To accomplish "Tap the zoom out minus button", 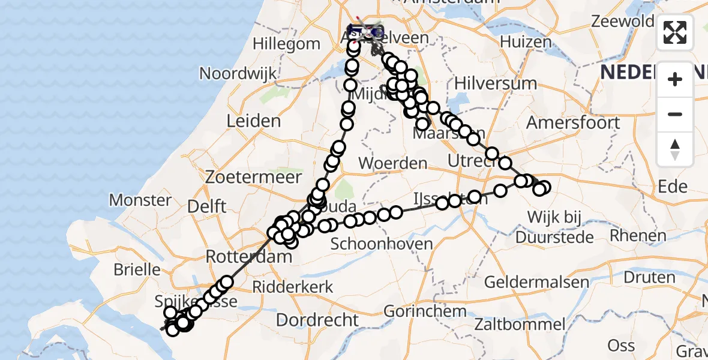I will point(675,114).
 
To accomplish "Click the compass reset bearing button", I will point(675,149).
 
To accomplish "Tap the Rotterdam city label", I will point(248,257).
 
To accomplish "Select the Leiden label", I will point(253,121).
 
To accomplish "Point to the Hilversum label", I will point(496,83).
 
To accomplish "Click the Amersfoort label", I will point(573,123).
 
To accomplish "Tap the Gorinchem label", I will point(425,311).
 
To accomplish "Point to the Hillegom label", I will point(286,44).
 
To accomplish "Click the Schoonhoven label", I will point(382,244).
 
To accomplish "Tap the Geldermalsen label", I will point(536,282).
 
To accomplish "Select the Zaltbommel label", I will point(520,325).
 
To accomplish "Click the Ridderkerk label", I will point(292,287).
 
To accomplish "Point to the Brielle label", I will point(137,269).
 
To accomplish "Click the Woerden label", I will point(394,163).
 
